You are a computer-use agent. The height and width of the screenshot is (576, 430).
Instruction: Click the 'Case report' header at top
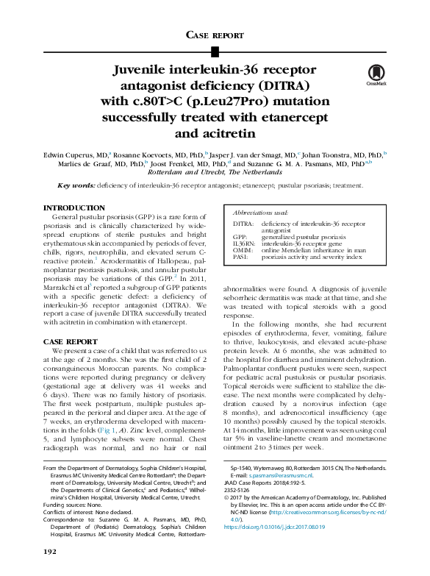click(215, 35)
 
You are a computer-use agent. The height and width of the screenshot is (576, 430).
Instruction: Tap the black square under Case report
click(215, 51)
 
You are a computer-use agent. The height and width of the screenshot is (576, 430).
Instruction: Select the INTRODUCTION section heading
click(74, 208)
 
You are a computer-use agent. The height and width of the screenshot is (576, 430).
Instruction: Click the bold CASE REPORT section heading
click(70, 342)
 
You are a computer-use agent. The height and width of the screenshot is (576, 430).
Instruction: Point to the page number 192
click(50, 551)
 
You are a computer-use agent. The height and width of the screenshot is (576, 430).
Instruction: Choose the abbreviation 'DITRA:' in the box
click(244, 223)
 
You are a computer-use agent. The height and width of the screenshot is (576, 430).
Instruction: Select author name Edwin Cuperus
click(65, 155)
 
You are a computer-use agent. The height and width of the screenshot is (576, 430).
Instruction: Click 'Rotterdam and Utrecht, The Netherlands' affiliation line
click(215, 171)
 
